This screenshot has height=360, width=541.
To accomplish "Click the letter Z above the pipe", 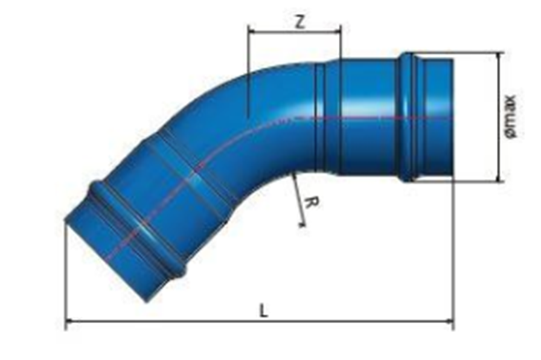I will tap(299, 22).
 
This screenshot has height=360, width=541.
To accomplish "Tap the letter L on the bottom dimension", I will tap(263, 311).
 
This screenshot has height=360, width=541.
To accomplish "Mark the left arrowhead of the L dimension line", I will tap(68, 321).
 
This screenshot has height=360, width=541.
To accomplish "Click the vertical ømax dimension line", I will tap(499, 145).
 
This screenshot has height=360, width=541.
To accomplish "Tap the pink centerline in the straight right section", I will tap(374, 117).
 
